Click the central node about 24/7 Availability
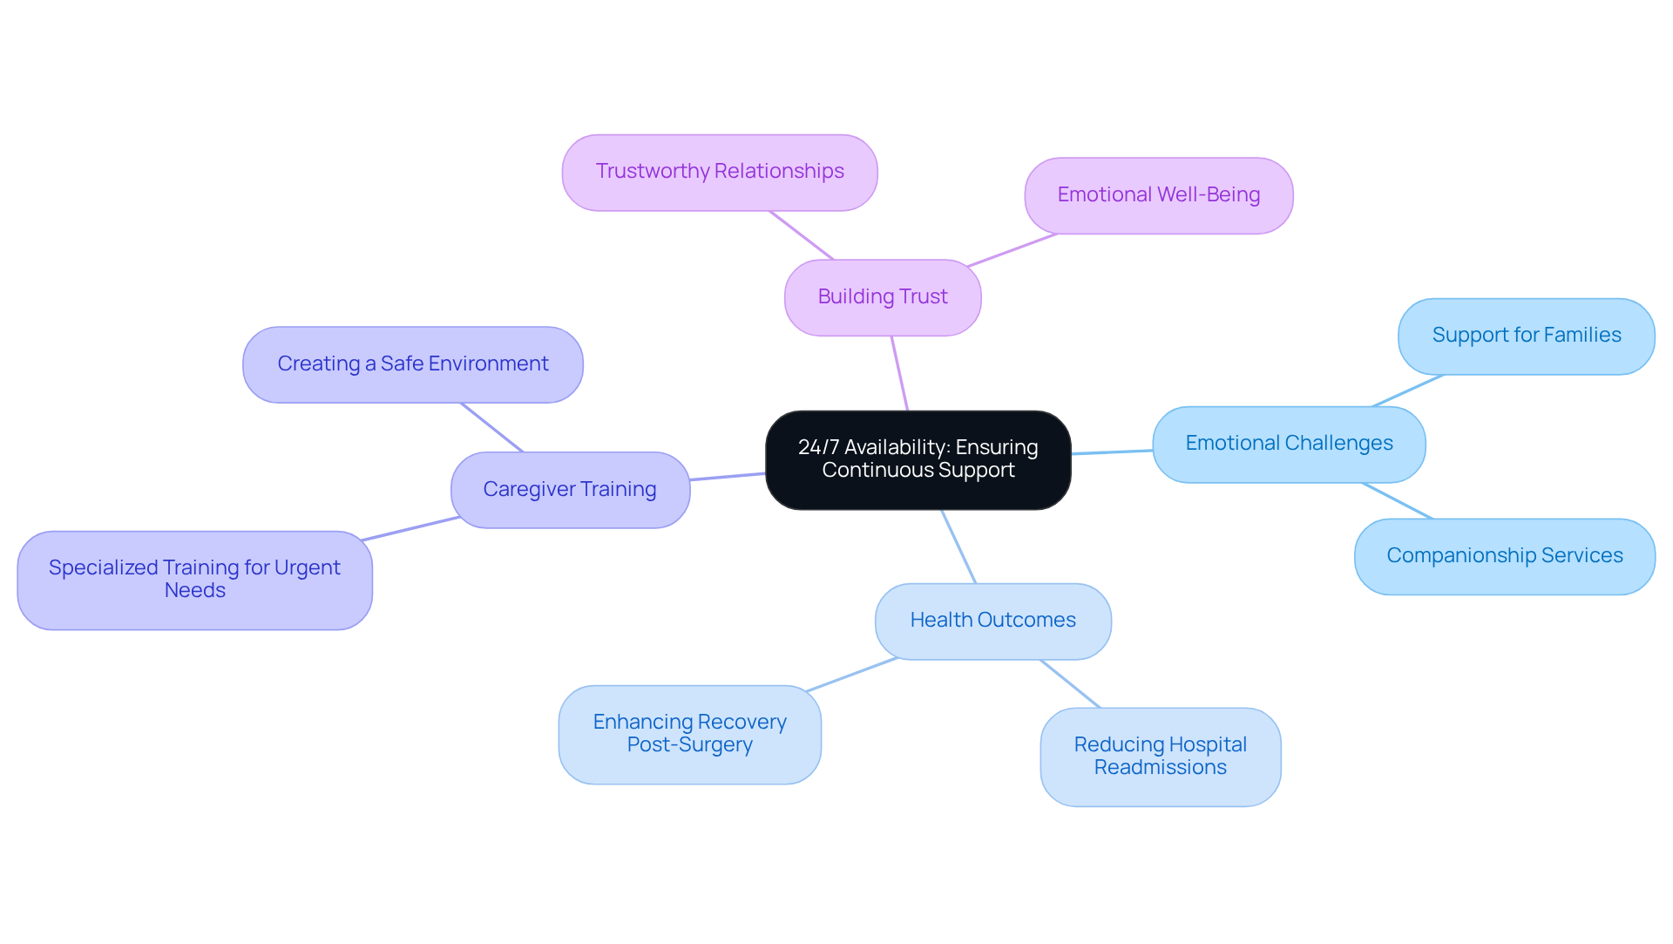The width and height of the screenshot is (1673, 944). [918, 459]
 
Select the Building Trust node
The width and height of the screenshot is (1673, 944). [882, 297]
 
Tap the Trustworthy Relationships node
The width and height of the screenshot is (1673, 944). [719, 172]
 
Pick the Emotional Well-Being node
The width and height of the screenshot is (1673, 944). [1158, 195]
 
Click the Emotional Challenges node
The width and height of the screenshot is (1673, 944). [1288, 444]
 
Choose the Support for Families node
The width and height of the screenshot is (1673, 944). [1526, 336]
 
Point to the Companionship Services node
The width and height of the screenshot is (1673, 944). [1504, 556]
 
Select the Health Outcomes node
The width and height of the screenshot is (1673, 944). [992, 621]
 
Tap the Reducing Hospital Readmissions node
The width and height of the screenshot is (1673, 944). [1160, 756]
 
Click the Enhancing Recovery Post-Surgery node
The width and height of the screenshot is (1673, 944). [689, 734]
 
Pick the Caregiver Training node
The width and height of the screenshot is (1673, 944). [570, 489]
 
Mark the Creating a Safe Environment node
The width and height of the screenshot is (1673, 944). [412, 364]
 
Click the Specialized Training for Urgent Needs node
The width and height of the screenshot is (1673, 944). [194, 580]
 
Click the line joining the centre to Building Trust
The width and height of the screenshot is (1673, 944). [900, 373]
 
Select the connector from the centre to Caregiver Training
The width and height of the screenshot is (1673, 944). [728, 477]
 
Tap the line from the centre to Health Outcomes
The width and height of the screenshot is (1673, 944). [958, 547]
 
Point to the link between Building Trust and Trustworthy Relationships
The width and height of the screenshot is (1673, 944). [802, 235]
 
